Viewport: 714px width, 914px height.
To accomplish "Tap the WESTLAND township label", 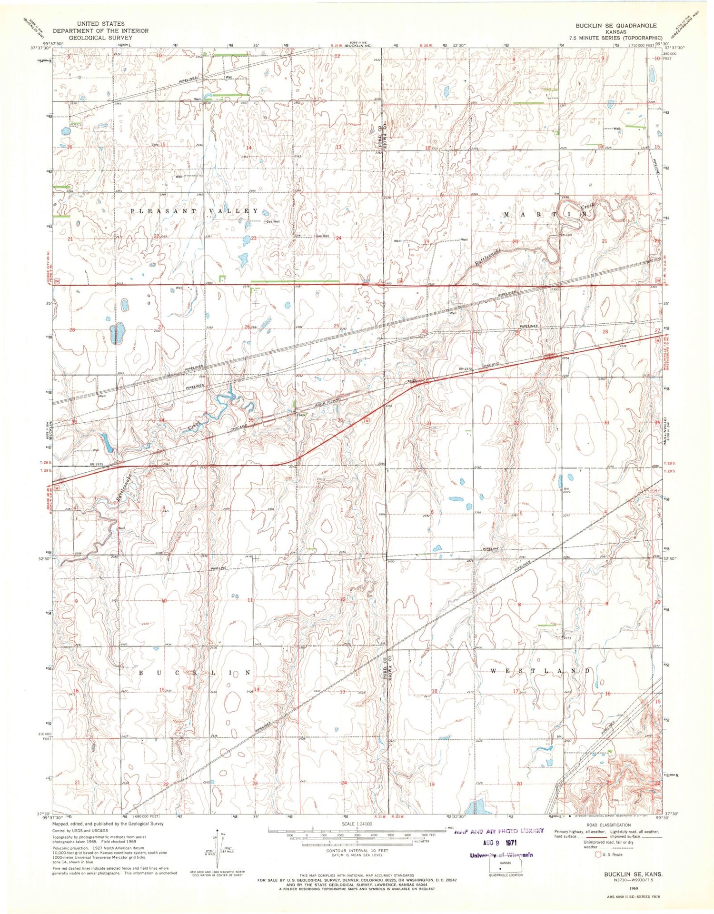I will click(x=540, y=670).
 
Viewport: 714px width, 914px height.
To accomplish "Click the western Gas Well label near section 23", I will click(x=273, y=221).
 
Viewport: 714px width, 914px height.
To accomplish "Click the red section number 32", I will click(x=516, y=423).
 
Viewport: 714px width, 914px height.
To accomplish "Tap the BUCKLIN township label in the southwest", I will click(x=194, y=673).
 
